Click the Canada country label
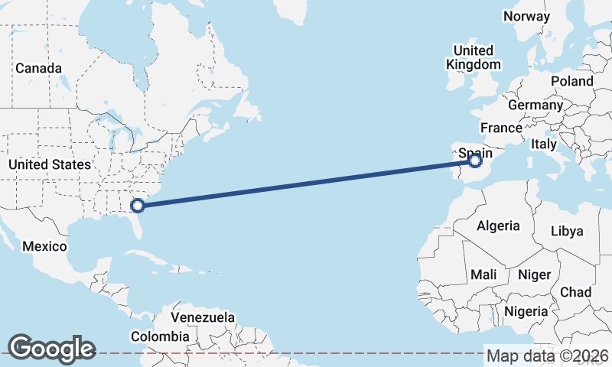click(38, 68)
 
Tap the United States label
click(50, 164)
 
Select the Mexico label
click(45, 246)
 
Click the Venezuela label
click(203, 317)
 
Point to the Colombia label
click(160, 336)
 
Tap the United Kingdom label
click(474, 58)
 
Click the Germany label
click(535, 105)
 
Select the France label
click(501, 127)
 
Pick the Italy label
click(544, 144)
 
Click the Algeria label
click(498, 226)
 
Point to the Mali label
click(483, 274)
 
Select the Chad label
click(576, 292)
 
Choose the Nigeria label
click(526, 311)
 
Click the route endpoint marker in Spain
click(475, 161)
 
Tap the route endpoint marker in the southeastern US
click(138, 205)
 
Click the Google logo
click(52, 348)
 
